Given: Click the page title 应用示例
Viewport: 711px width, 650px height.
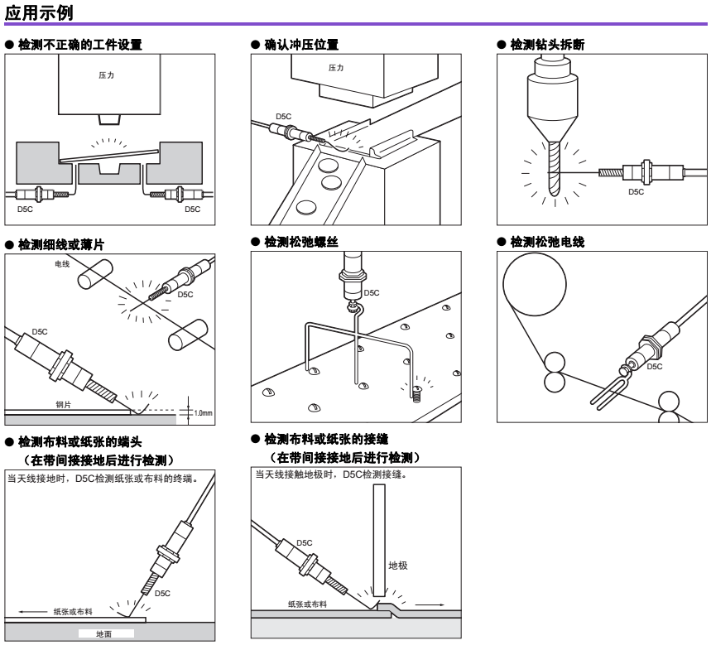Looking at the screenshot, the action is (39, 12).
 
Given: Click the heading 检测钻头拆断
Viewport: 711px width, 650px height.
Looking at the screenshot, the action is (547, 45).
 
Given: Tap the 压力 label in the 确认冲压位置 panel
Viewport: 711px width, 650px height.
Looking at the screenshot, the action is (336, 68).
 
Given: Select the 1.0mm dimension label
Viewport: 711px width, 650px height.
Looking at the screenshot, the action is (203, 412).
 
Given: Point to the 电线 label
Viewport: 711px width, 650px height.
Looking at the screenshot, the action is (62, 264).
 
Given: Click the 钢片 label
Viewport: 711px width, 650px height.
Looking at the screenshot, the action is (64, 405).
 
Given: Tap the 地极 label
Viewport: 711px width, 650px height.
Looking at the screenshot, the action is (398, 566).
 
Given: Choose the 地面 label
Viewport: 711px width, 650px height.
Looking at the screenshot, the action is (103, 633).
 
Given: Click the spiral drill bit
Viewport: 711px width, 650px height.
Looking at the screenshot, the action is (554, 168).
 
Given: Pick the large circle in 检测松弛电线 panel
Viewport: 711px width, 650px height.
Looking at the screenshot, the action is (535, 284).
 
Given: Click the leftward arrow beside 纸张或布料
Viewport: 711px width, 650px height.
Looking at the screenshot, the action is (32, 612).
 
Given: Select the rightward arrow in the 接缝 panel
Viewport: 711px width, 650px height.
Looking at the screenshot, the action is (430, 604).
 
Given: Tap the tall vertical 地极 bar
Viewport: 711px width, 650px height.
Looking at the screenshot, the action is (380, 540).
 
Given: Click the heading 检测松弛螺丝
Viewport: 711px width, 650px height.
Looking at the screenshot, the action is (301, 242).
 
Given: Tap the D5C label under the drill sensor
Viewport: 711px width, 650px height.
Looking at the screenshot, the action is (636, 192).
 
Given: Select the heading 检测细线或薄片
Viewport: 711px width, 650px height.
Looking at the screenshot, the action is (61, 245).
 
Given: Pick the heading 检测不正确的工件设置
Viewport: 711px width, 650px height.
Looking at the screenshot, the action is (79, 45).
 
